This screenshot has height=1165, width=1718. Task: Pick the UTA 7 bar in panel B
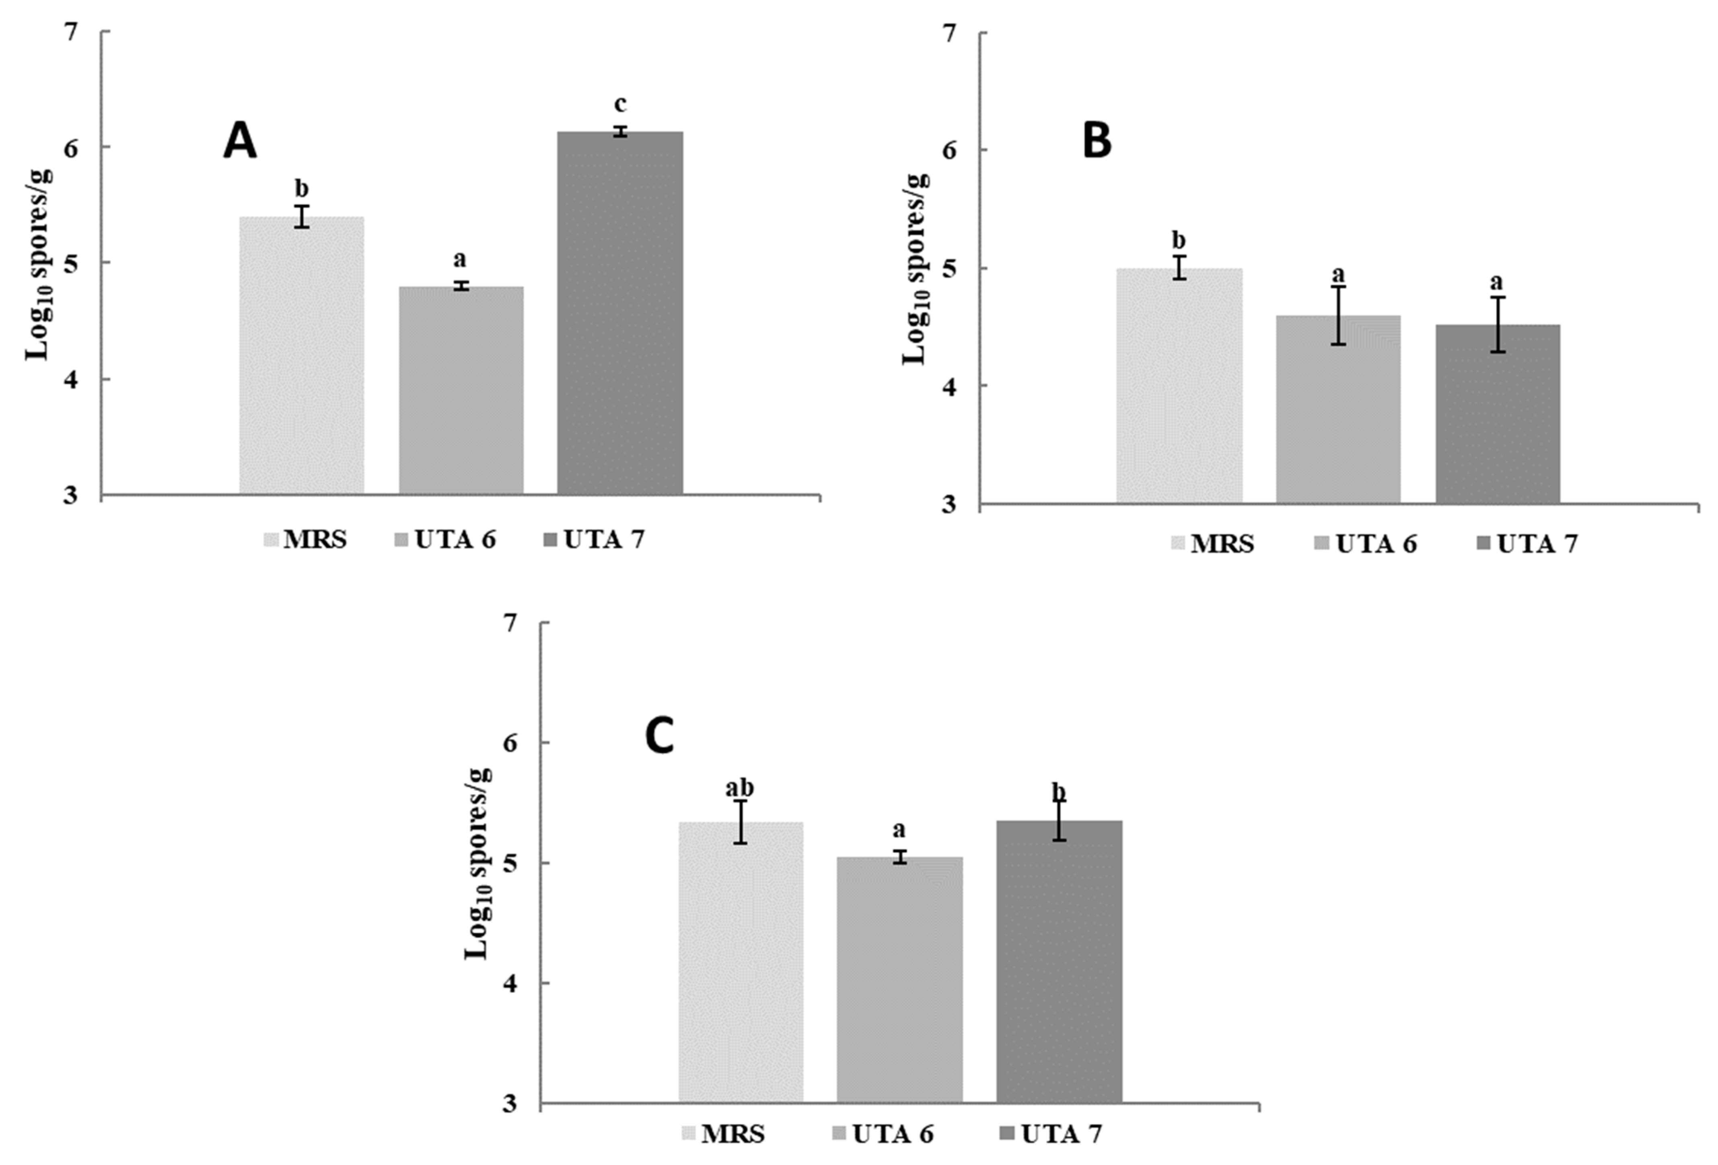1498,413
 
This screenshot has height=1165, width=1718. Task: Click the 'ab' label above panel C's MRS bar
739,788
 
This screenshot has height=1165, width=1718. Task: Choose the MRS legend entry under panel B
1212,544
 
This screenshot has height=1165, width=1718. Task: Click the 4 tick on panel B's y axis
949,386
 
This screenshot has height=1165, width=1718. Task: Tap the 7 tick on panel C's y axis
510,623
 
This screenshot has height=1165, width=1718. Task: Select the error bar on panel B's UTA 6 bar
1338,316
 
